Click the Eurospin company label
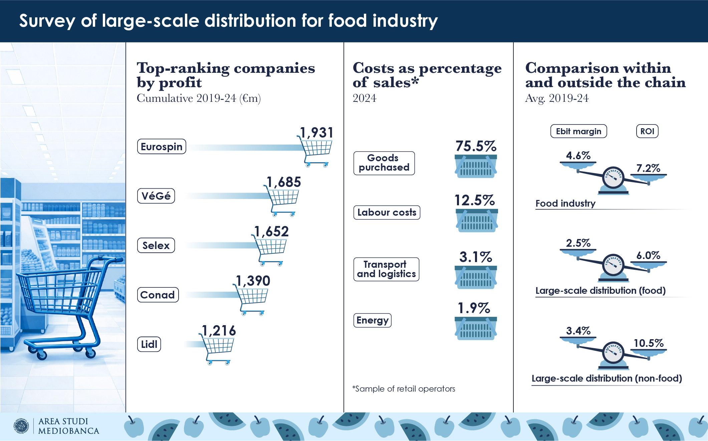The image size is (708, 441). click(162, 147)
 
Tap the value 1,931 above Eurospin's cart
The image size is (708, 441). click(316, 133)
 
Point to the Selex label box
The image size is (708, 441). click(156, 245)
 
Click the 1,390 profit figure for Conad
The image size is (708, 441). click(253, 281)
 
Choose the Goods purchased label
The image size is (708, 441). click(384, 163)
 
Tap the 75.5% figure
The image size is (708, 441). click(476, 146)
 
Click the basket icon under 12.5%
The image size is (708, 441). click(476, 220)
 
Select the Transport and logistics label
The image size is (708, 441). click(386, 269)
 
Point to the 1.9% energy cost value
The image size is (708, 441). click(474, 308)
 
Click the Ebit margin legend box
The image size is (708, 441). click(578, 131)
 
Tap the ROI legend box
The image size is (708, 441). click(647, 131)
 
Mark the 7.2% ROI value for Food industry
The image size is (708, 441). click(648, 168)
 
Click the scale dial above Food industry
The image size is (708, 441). click(613, 178)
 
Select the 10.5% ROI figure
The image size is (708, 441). click(648, 343)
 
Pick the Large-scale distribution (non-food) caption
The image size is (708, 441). click(607, 379)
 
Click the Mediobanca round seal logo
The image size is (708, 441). click(22, 426)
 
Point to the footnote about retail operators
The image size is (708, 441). click(404, 389)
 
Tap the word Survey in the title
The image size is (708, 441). click(47, 21)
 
